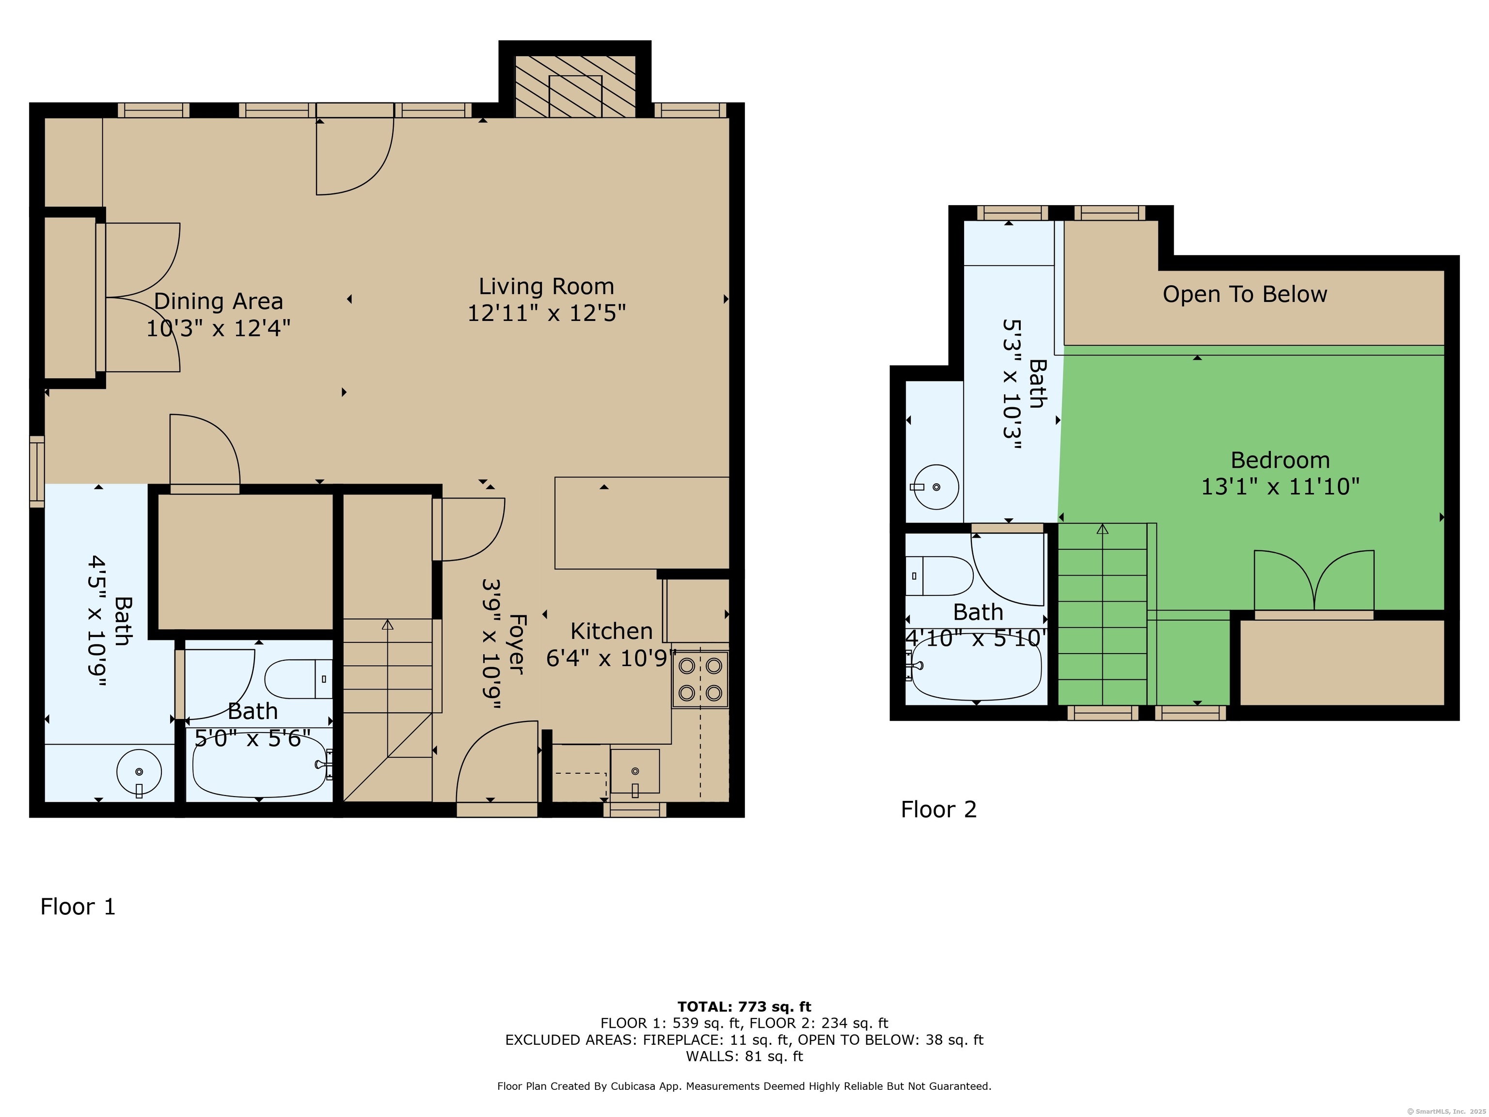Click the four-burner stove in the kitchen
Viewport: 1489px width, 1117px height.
pyautogui.click(x=700, y=679)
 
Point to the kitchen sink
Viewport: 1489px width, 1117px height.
pyautogui.click(x=635, y=771)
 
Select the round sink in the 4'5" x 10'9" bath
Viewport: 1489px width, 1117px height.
pyautogui.click(x=139, y=772)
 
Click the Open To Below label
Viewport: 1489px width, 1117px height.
pyautogui.click(x=1245, y=294)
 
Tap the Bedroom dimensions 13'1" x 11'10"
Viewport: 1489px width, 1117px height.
pyautogui.click(x=1280, y=486)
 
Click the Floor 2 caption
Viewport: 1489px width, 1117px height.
pyautogui.click(x=938, y=809)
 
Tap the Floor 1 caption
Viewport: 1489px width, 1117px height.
pyautogui.click(x=78, y=906)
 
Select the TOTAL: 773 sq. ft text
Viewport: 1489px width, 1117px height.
pyautogui.click(x=744, y=1006)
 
